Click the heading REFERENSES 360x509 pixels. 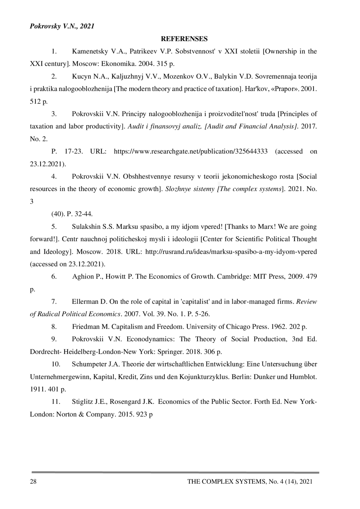tap(184, 39)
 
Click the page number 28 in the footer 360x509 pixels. tap(33, 481)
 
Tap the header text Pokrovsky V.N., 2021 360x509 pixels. tap(62, 26)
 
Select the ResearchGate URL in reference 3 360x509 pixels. tap(191, 151)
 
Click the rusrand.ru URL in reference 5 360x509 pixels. tap(231, 252)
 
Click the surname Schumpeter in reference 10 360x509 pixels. tap(89, 364)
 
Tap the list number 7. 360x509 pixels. tap(54, 301)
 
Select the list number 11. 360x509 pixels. tap(56, 402)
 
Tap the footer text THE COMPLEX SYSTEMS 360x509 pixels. tap(226, 481)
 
